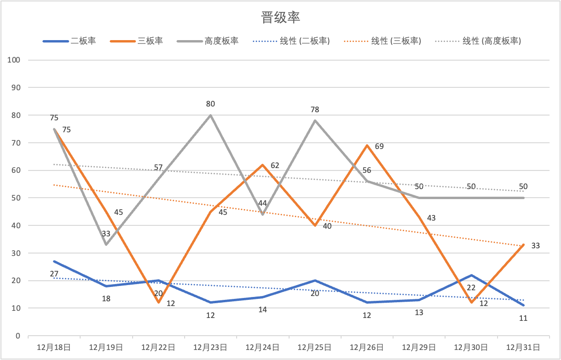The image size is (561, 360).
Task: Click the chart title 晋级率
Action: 280,18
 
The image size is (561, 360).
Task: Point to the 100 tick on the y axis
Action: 14,60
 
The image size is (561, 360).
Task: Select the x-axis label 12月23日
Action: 210,348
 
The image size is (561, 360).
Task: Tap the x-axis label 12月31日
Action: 523,348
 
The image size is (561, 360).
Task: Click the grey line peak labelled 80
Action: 210,115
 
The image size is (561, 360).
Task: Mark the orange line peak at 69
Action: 367,145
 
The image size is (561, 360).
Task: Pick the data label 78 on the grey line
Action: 314,110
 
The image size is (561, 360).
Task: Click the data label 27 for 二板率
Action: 54,274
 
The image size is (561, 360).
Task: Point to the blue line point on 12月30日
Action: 471,275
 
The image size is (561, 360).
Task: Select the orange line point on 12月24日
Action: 262,165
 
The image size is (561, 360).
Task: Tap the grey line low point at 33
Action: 106,244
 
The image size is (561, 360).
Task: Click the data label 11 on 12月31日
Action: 523,318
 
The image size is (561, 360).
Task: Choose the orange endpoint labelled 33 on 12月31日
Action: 524,245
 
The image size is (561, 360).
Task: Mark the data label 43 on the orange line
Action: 431,218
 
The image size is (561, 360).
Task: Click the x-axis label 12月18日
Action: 54,348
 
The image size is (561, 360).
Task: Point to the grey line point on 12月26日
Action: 367,181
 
